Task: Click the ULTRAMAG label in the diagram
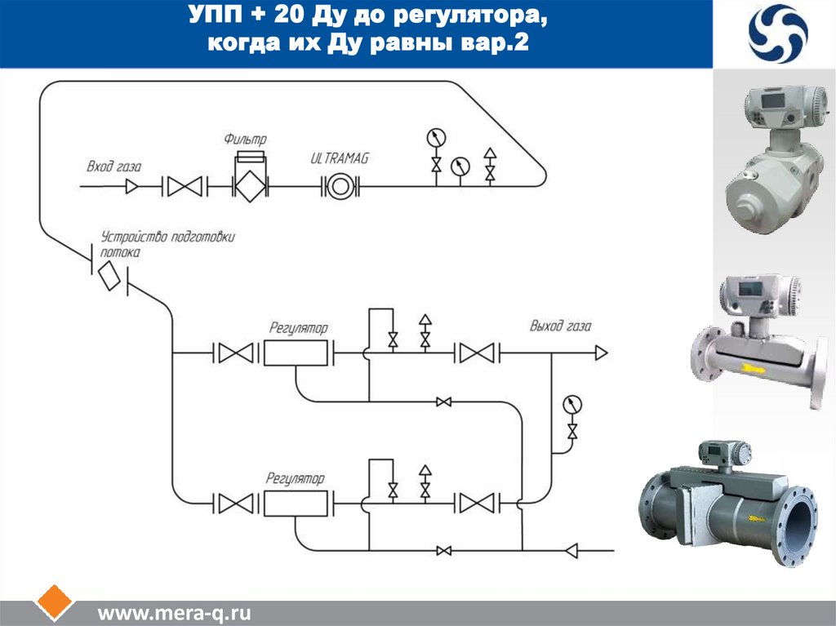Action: pos(340,158)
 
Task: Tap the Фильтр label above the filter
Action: pos(246,140)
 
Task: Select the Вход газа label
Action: pos(114,167)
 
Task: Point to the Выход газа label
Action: pos(560,326)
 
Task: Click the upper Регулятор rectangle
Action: pos(295,353)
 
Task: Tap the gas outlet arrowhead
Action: pos(601,353)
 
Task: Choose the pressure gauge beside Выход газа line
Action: pos(572,403)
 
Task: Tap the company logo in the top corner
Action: pos(778,33)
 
